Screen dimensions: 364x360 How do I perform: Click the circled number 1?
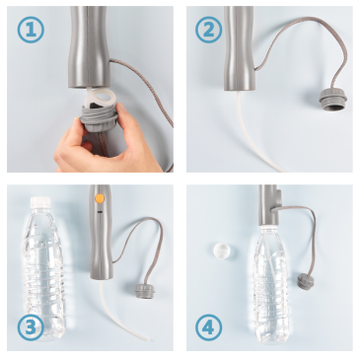point(31,30)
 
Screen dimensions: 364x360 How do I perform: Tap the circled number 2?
point(208,30)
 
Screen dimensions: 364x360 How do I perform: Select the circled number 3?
point(31,327)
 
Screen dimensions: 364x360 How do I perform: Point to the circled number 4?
point(208,327)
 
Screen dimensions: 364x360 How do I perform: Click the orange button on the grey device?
point(99,198)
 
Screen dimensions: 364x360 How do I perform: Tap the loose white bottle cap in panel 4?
point(222,251)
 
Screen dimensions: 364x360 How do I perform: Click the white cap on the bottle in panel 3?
point(40,202)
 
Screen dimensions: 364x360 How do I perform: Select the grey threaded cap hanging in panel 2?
point(332,99)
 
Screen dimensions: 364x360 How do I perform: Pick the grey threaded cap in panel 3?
point(145,291)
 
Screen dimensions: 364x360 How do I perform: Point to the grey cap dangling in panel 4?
point(306,280)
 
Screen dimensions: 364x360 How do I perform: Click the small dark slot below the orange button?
point(100,211)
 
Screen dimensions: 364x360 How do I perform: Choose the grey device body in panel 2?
point(239,48)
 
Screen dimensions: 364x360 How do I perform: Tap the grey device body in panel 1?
point(90,47)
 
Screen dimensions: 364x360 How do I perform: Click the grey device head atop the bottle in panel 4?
point(269,205)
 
